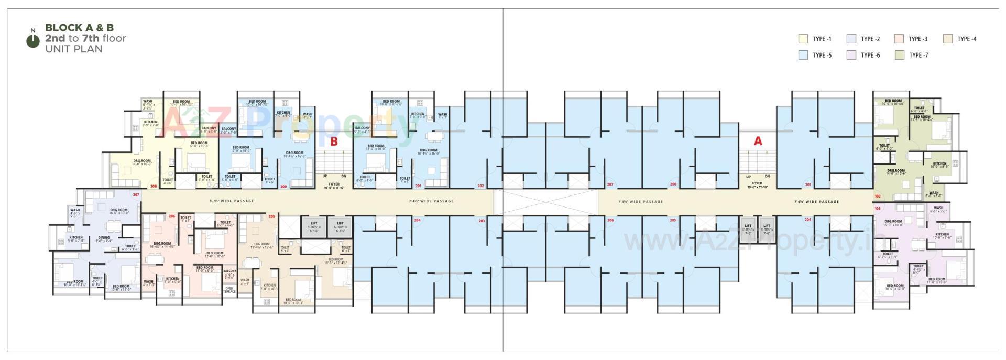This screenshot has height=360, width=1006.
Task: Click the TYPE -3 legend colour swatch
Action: [899, 39]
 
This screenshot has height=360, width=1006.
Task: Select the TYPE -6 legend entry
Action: [865, 55]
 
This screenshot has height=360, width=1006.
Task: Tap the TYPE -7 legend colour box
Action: [899, 55]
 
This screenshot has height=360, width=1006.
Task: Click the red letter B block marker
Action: [334, 141]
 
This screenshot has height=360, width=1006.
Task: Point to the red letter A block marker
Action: [758, 141]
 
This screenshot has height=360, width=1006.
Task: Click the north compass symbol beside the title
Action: [33, 40]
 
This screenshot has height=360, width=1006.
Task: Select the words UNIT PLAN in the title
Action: [73, 49]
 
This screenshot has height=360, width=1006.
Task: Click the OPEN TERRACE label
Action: [229, 289]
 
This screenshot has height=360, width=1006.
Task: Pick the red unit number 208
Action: [154, 186]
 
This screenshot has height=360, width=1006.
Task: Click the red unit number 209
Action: [283, 186]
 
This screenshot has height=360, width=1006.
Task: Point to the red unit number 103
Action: [878, 208]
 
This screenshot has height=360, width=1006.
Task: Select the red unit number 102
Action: [878, 197]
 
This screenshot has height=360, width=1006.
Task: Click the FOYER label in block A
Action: [757, 184]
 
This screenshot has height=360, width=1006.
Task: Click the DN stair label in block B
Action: [344, 176]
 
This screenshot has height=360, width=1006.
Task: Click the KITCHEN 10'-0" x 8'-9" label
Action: [939, 165]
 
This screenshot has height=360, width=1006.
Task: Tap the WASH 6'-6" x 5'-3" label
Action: [938, 210]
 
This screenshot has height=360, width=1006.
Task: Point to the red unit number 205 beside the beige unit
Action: [271, 216]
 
